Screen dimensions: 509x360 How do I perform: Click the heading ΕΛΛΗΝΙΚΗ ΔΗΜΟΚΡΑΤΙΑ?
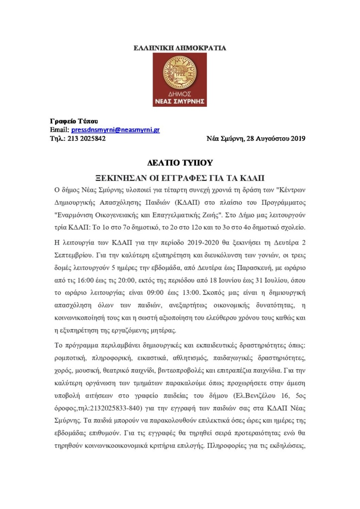point(180,48)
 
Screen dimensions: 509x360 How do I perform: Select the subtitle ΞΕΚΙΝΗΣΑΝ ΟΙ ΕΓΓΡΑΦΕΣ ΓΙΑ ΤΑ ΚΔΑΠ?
point(180,177)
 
